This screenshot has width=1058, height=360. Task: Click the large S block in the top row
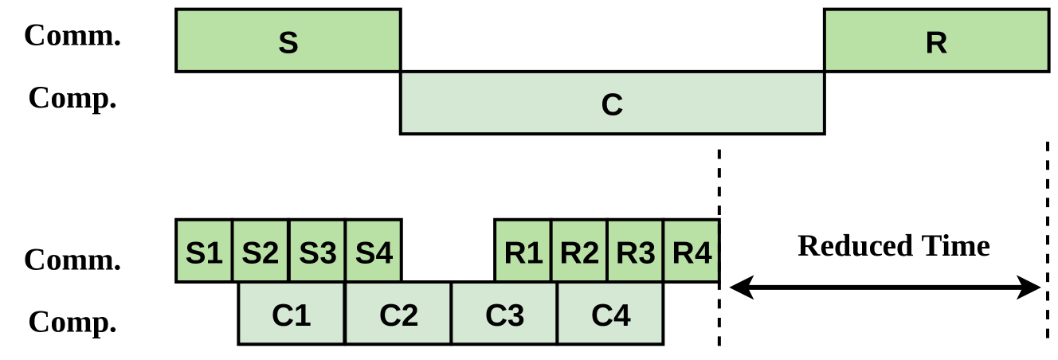tap(288, 41)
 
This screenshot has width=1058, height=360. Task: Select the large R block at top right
tap(936, 41)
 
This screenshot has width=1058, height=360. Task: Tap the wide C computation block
tap(612, 103)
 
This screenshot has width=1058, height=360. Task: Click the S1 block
tap(204, 251)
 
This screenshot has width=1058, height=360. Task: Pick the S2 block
tap(261, 251)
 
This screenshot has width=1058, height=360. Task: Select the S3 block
tap(317, 251)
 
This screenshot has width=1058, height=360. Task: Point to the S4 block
tap(374, 251)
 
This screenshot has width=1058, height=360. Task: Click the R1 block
tap(523, 251)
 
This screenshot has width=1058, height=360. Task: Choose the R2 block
tap(579, 251)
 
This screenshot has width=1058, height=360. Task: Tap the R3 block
tap(635, 251)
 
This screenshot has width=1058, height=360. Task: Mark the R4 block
tap(691, 251)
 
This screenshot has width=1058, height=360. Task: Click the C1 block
tap(292, 314)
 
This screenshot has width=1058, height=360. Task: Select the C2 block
tap(398, 314)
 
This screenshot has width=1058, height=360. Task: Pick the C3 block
tap(504, 314)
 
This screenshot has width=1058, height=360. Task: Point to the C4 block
tap(610, 314)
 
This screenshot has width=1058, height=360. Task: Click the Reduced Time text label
tap(893, 245)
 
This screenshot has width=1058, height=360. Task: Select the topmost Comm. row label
tap(72, 35)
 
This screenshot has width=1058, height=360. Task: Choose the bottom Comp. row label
tap(72, 322)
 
